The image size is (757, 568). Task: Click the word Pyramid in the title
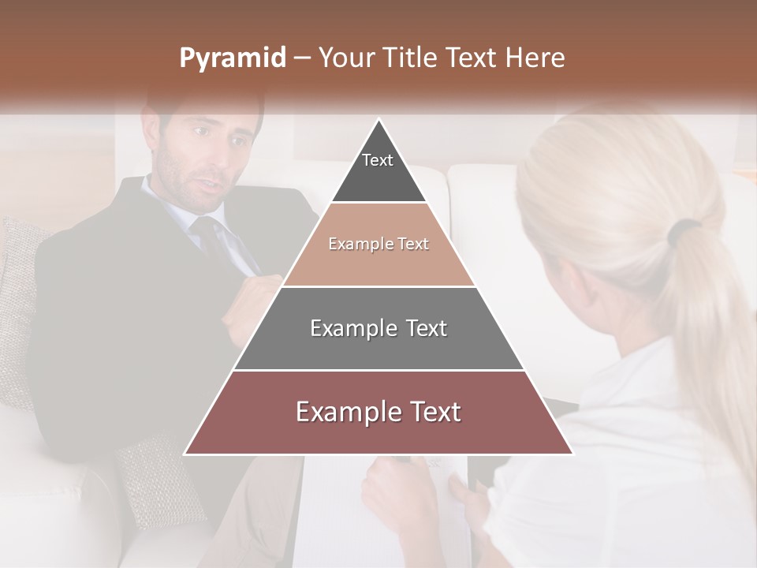coord(233,58)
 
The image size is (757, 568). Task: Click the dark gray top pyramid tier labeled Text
coord(378,170)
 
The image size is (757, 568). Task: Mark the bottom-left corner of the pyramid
coord(185,454)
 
